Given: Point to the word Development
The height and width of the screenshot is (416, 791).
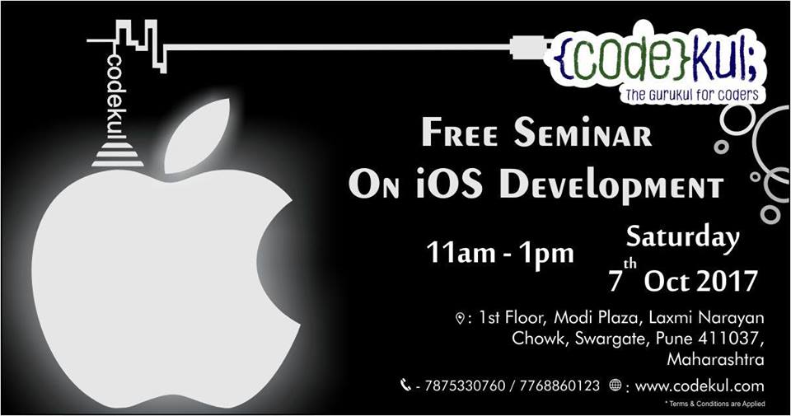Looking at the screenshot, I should point(613,185).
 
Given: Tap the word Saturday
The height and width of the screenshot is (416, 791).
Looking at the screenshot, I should point(683,238).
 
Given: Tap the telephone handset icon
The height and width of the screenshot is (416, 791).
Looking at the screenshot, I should point(405,384).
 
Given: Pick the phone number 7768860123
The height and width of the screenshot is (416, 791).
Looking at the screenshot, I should point(558,385).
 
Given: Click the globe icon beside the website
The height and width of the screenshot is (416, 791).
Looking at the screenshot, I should point(615,385).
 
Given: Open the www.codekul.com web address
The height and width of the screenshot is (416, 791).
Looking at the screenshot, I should point(700,385).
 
